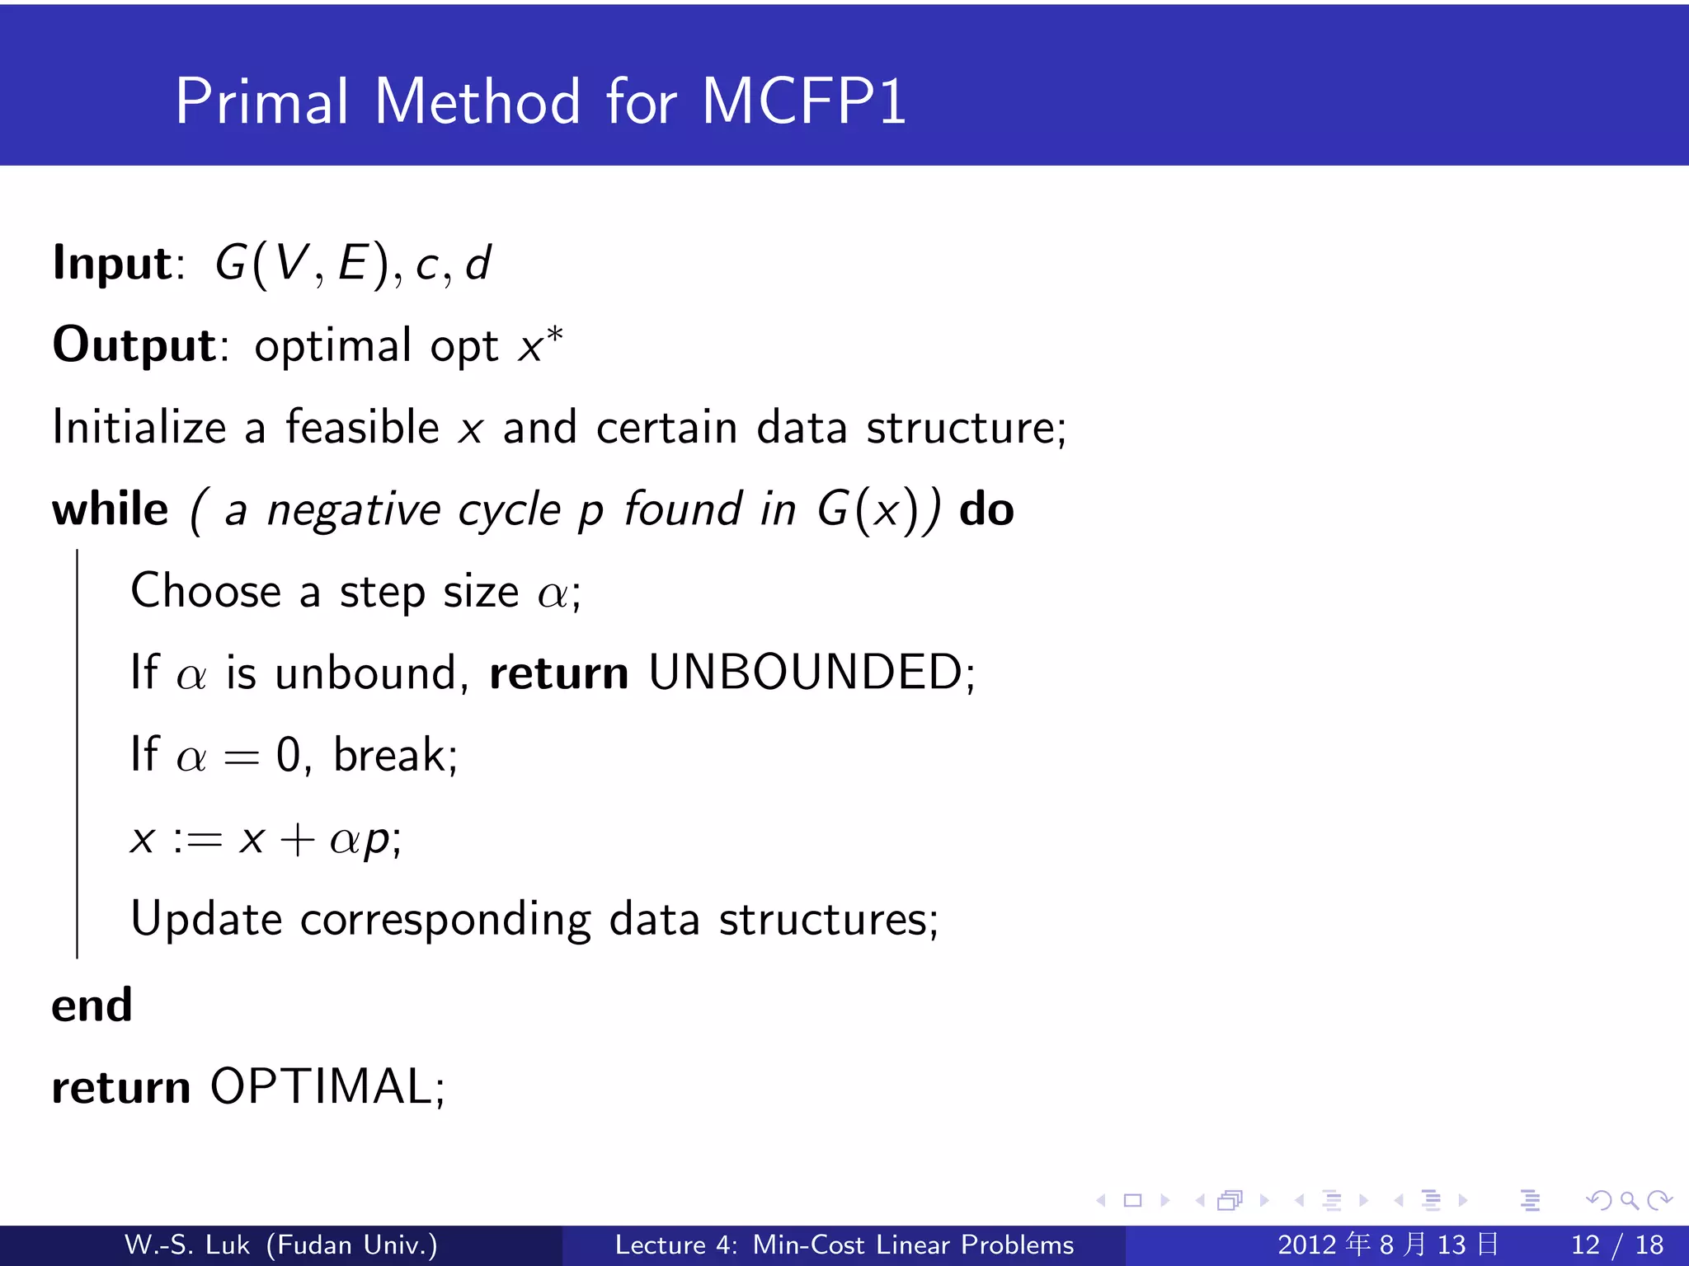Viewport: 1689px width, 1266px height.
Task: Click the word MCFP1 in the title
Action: point(804,102)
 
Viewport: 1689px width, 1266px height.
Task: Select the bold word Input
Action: point(112,264)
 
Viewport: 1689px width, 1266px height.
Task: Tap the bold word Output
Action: point(134,345)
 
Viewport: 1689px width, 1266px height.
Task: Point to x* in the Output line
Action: point(540,345)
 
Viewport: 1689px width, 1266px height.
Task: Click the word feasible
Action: point(362,428)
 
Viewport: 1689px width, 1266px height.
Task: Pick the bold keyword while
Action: point(110,509)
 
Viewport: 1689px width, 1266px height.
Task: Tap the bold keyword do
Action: point(986,509)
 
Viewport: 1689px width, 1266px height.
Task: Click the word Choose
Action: point(206,592)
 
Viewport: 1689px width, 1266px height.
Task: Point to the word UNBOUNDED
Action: point(805,673)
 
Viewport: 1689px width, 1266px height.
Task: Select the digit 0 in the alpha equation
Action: point(288,756)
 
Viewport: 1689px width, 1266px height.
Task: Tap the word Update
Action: point(206,920)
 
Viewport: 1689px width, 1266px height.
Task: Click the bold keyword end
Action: point(92,1006)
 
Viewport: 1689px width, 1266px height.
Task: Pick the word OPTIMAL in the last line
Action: point(322,1087)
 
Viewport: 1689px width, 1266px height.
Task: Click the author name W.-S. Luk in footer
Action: point(186,1245)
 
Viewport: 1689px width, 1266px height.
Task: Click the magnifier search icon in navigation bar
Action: point(1629,1201)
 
